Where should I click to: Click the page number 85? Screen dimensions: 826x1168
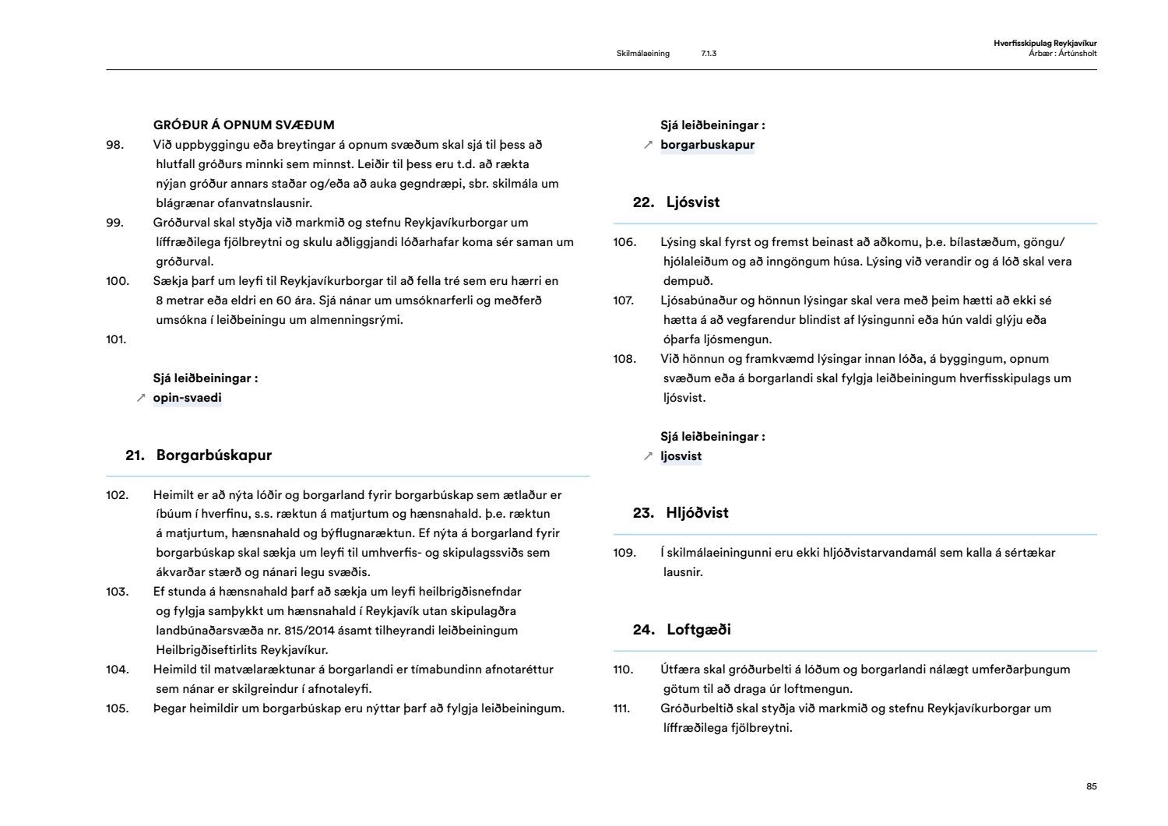pyautogui.click(x=1091, y=787)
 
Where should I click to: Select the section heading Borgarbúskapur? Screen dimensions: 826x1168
pyautogui.click(x=214, y=455)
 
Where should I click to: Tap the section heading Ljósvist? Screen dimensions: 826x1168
pyautogui.click(x=693, y=202)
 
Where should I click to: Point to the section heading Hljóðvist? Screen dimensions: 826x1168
pyautogui.click(x=698, y=513)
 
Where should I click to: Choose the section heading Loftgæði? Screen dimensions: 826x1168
pyautogui.click(x=698, y=630)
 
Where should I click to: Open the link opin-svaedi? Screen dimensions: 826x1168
pyautogui.click(x=187, y=398)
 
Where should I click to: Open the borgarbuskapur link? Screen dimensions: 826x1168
pyautogui.click(x=707, y=145)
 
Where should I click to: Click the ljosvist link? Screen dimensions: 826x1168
pyautogui.click(x=681, y=456)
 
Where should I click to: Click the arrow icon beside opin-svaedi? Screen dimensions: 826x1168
pyautogui.click(x=141, y=398)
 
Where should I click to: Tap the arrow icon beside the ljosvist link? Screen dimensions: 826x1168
pyautogui.click(x=648, y=456)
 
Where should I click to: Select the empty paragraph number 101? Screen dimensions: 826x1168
pyautogui.click(x=116, y=339)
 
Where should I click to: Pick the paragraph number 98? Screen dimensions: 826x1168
pyautogui.click(x=114, y=145)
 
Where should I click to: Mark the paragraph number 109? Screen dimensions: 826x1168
pyautogui.click(x=624, y=553)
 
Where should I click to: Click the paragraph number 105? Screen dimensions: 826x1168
pyautogui.click(x=117, y=708)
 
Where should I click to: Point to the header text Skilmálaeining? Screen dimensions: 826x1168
pyautogui.click(x=642, y=54)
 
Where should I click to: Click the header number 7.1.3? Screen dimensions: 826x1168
pyautogui.click(x=709, y=54)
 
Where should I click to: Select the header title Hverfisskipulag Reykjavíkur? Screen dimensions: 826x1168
pyautogui.click(x=1045, y=44)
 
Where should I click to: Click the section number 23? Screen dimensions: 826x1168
pyautogui.click(x=643, y=513)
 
